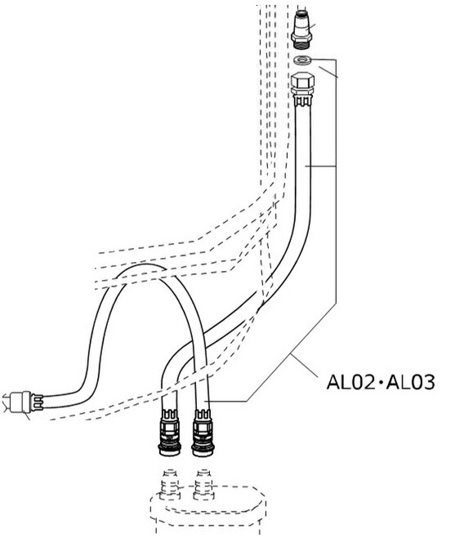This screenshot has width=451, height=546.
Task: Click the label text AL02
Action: [x=351, y=382]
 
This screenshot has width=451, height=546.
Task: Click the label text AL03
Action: [x=411, y=382]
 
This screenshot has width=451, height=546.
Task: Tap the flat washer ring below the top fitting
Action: [x=302, y=60]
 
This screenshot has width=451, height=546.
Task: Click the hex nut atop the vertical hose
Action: [x=302, y=80]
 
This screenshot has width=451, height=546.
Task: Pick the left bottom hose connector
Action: [x=170, y=433]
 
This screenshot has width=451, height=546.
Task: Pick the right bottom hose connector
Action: [x=203, y=433]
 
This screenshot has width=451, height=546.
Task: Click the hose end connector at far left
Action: [x=24, y=402]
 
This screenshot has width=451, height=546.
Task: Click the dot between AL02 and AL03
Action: [x=382, y=383]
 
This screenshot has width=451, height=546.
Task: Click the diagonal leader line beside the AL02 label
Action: [x=304, y=366]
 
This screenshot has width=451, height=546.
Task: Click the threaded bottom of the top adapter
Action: [x=301, y=45]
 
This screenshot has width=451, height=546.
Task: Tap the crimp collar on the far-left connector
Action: [x=37, y=402]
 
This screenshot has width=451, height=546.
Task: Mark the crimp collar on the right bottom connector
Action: [x=203, y=415]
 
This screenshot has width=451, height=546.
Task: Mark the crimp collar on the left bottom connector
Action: [x=171, y=415]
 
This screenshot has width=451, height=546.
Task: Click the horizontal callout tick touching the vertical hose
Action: [x=320, y=166]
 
